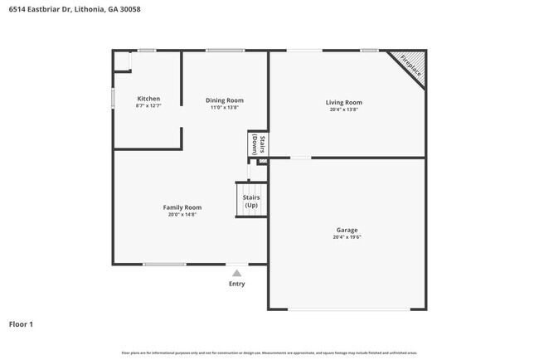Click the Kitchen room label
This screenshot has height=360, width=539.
[x=148, y=99]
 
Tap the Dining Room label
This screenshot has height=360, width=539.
[x=225, y=100]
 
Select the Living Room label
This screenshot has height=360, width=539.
[x=343, y=103]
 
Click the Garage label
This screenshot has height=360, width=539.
[x=347, y=230]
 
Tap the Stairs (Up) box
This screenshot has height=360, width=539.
[x=251, y=201]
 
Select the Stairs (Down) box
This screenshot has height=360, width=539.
[x=258, y=144]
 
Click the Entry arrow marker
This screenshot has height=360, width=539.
[x=237, y=272]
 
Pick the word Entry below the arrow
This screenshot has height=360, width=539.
[x=237, y=284]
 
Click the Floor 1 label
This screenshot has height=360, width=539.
[x=21, y=324]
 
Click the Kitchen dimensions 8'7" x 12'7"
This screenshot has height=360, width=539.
[x=148, y=106]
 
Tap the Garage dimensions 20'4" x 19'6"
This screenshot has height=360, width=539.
[x=347, y=237]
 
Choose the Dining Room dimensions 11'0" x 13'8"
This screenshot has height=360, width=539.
[x=225, y=108]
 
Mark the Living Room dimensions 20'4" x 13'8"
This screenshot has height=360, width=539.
[x=343, y=110]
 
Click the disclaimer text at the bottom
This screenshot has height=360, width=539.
[x=269, y=353]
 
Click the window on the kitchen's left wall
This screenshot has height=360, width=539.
[x=114, y=97]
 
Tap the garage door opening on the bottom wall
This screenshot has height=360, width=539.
[x=348, y=309]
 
